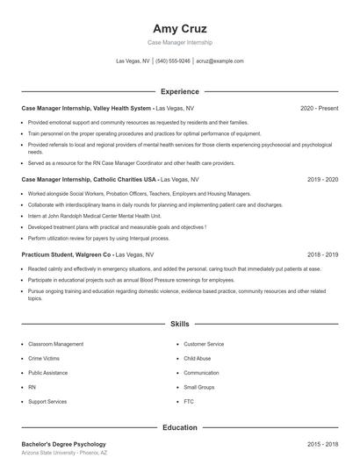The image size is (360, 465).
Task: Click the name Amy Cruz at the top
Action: [179, 29]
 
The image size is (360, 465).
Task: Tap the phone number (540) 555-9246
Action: [174, 61]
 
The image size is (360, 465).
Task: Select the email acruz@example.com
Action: [220, 61]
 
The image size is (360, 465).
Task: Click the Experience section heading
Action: [179, 91]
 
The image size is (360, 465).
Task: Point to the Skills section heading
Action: [179, 325]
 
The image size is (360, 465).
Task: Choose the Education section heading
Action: [179, 427]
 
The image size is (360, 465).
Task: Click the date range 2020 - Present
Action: [319, 108]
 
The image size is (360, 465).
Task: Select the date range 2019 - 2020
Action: [322, 179]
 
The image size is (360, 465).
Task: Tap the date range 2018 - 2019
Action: [322, 254]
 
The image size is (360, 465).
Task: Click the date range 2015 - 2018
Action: [322, 445]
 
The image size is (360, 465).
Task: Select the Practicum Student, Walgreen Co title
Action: [67, 254]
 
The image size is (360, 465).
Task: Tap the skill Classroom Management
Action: [55, 345]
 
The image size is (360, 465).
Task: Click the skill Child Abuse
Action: [197, 359]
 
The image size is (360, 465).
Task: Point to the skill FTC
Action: [189, 401]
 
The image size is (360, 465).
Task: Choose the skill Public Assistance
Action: [49, 373]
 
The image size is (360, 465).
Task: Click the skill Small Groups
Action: [198, 387]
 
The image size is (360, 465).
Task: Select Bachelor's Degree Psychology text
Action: [63, 445]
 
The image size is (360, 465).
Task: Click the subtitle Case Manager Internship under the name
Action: [179, 42]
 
